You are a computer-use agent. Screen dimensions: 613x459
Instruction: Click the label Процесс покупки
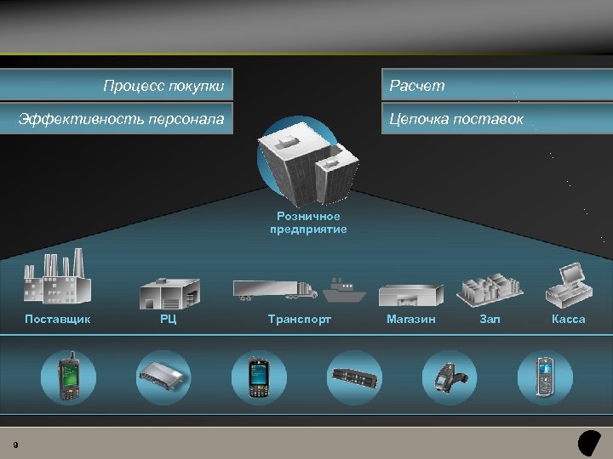tap(163, 86)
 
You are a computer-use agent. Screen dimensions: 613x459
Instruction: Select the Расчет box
tap(417, 86)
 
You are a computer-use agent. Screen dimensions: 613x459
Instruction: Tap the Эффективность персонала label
tap(122, 120)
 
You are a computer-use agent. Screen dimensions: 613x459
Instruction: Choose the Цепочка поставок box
tap(455, 120)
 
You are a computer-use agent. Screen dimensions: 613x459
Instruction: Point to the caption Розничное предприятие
tap(308, 223)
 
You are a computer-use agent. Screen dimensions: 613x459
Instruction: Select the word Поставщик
tap(57, 320)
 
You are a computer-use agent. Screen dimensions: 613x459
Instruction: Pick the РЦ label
tap(169, 320)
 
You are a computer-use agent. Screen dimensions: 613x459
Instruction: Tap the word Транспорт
tap(299, 320)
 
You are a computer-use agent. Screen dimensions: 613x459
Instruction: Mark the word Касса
tap(568, 320)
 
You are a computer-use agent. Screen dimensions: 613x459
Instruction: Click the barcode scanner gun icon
tap(448, 377)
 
